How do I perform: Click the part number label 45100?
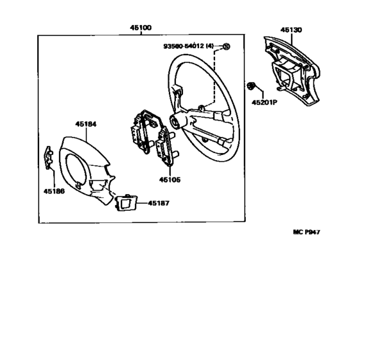point(141,28)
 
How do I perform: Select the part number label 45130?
point(291,30)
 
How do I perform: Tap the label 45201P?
point(265,102)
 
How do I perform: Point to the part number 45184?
point(85,124)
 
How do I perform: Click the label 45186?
point(54,191)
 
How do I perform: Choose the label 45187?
point(159,203)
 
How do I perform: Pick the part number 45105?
point(170,179)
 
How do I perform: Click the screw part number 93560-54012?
point(184,46)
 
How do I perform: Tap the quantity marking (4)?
point(209,46)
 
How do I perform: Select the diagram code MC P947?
point(306,232)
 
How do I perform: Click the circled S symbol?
point(226,46)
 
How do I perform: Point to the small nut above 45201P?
point(250,85)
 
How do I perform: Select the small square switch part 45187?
point(126,203)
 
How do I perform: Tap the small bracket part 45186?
point(49,157)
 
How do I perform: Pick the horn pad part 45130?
point(292,70)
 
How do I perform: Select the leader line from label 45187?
point(143,203)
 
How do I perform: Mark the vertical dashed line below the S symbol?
point(214,76)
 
